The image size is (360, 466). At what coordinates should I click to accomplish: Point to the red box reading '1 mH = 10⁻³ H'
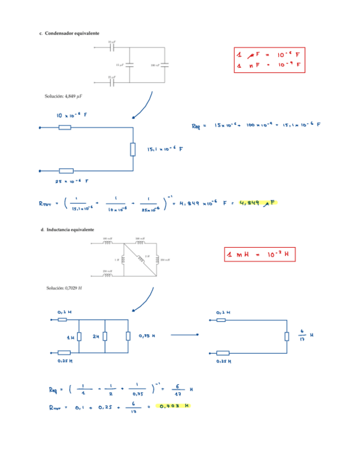tap(257, 255)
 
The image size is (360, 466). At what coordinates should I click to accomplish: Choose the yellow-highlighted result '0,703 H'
tap(173, 406)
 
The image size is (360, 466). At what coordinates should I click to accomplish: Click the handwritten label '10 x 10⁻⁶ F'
tap(71, 116)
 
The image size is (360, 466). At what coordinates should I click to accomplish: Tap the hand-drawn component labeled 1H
tap(79, 336)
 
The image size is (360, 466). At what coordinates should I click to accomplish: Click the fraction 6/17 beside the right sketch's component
tap(301, 335)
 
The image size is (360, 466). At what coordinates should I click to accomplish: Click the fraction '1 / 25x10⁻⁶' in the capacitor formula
tap(149, 204)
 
